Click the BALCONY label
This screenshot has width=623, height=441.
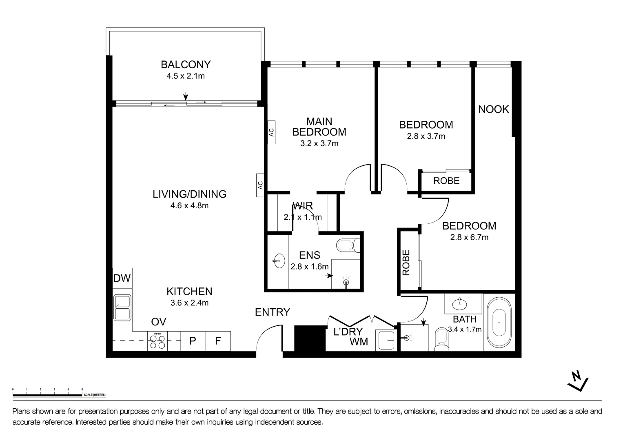click(185, 65)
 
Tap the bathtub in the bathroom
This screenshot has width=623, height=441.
click(499, 322)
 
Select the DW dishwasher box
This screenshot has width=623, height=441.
click(122, 278)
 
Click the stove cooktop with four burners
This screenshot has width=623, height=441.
click(158, 341)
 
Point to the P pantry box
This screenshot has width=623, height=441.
click(193, 341)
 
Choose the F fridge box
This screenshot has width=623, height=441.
click(218, 341)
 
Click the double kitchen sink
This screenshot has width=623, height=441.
click(122, 307)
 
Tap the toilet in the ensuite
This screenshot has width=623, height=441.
click(348, 246)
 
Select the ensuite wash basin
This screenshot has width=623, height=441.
click(279, 261)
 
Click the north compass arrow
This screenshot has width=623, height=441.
click(578, 381)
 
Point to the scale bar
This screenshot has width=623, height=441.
click(47, 395)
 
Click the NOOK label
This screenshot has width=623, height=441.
click(493, 109)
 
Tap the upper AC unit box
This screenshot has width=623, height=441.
click(271, 132)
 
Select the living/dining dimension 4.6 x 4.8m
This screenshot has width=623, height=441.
click(189, 206)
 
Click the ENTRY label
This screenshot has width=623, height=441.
click(272, 312)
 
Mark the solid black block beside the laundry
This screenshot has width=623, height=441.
click(309, 338)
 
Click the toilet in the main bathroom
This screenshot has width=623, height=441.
click(441, 339)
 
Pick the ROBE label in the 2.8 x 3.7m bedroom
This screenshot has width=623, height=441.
click(446, 181)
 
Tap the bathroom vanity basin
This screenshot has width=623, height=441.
click(460, 304)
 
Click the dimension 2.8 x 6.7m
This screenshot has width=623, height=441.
click(469, 237)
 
